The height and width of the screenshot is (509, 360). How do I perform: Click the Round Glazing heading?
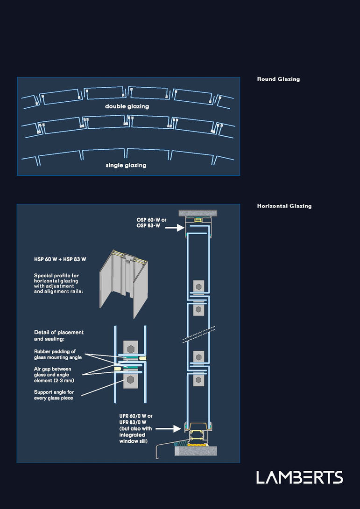[x=278, y=79]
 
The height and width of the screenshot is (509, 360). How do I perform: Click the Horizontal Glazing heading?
[x=284, y=206]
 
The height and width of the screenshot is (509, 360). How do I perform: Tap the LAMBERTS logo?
[x=299, y=477]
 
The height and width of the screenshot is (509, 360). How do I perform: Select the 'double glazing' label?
[x=127, y=106]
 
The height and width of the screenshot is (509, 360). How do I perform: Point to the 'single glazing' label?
[x=126, y=165]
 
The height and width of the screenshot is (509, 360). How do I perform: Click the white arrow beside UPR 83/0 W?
[x=167, y=427]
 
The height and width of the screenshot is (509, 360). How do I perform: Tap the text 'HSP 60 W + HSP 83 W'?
[x=60, y=259]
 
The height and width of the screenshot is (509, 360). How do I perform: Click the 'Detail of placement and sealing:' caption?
[x=59, y=335]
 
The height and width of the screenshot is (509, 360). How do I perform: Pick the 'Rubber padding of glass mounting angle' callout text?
[x=57, y=355]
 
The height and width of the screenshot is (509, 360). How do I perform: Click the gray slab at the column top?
[x=199, y=212]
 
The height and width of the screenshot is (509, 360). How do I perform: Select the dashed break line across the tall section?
[x=199, y=332]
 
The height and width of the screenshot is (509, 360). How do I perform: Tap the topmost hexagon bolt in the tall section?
[x=199, y=286]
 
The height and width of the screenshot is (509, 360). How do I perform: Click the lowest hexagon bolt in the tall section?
[x=199, y=380]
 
